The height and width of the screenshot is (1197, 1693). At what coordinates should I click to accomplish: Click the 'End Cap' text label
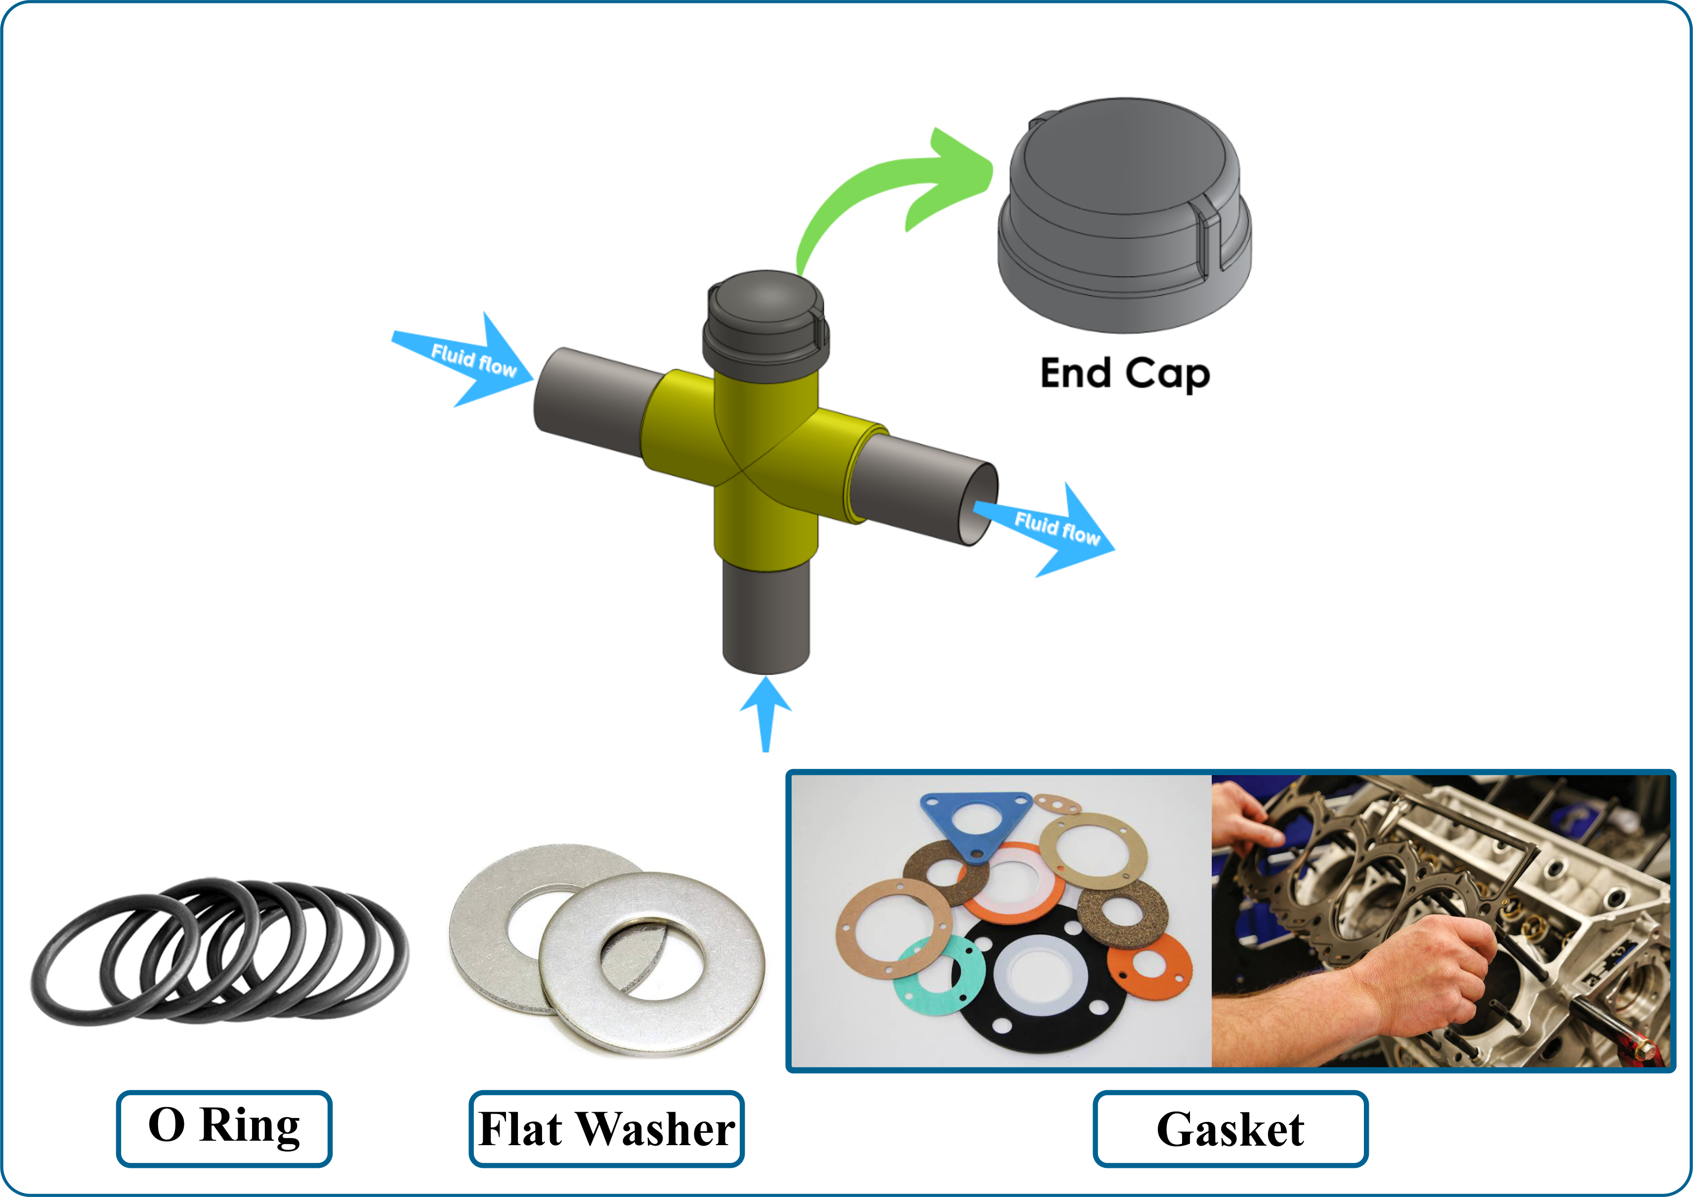coord(1125,374)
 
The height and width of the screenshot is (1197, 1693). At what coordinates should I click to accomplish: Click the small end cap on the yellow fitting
coord(765,324)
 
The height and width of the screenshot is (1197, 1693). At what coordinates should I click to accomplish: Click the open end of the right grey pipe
coord(979,505)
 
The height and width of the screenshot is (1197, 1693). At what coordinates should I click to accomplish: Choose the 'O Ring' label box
coord(224,1128)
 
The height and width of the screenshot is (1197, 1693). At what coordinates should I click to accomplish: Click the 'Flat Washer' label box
coord(606,1128)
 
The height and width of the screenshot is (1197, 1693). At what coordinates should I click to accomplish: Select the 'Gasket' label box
coord(1230,1128)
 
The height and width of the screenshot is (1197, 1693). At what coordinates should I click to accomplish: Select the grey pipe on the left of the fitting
coord(590,401)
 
